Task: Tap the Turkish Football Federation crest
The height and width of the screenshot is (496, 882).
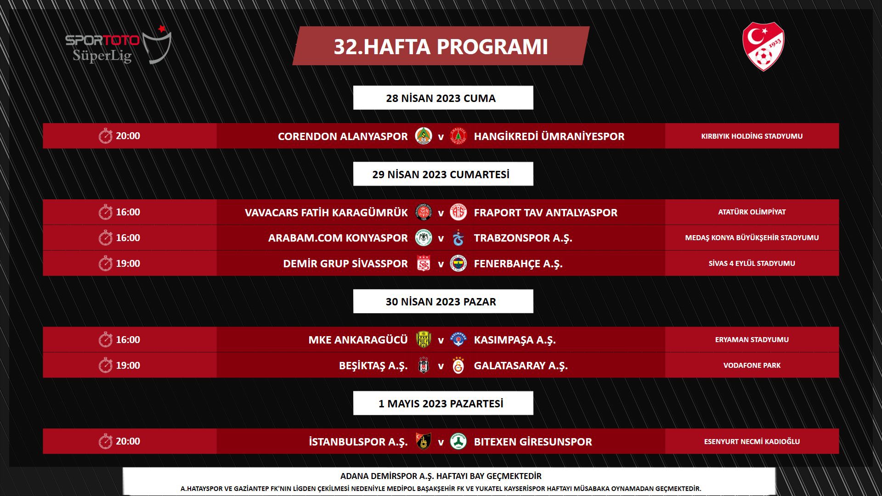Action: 763,46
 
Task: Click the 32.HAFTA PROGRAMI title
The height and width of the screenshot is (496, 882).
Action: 441,46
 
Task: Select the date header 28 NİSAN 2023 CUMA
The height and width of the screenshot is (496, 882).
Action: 441,98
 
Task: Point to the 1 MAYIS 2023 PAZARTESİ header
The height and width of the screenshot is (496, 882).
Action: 441,404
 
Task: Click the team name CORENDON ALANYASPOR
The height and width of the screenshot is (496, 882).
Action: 343,136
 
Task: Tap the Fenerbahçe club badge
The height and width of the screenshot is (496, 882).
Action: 458,264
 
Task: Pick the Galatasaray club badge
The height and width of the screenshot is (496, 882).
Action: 458,366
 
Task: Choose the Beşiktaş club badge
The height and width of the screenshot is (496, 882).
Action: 424,366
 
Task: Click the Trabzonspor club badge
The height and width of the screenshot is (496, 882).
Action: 458,238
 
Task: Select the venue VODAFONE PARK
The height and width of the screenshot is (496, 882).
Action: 752,366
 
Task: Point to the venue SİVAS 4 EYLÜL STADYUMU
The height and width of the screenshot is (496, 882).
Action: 752,264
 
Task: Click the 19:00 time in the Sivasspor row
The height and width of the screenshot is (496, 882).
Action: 128,264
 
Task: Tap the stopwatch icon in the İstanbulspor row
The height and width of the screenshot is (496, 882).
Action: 105,442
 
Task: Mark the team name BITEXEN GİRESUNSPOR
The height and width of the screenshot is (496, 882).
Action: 533,442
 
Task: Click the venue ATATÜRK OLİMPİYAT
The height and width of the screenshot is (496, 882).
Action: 752,212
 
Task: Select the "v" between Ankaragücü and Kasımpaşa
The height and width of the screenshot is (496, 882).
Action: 441,340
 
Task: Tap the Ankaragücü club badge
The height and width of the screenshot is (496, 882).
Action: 424,340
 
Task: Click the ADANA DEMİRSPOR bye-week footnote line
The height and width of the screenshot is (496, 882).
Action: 441,476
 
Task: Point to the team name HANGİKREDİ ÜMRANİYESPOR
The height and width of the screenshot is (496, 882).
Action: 549,136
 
